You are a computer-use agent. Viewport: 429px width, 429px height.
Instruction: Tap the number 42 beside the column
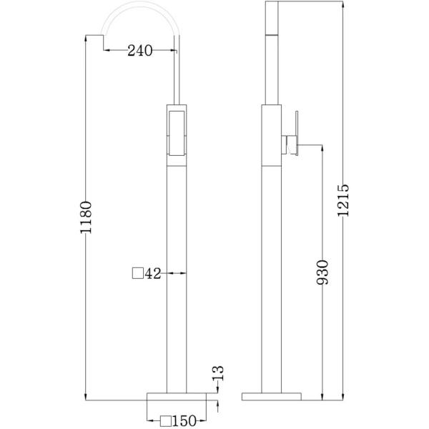[x=152, y=273]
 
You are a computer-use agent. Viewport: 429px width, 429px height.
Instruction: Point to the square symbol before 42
[x=137, y=273]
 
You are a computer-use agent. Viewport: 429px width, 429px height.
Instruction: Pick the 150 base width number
[x=184, y=422]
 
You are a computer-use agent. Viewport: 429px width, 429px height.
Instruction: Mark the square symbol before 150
[x=166, y=422]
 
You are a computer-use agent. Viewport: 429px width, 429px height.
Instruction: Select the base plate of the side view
[x=272, y=395]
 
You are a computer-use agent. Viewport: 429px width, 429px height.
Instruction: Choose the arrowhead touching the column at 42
[x=182, y=273]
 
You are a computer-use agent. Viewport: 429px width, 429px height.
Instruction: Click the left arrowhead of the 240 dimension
[x=108, y=50]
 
